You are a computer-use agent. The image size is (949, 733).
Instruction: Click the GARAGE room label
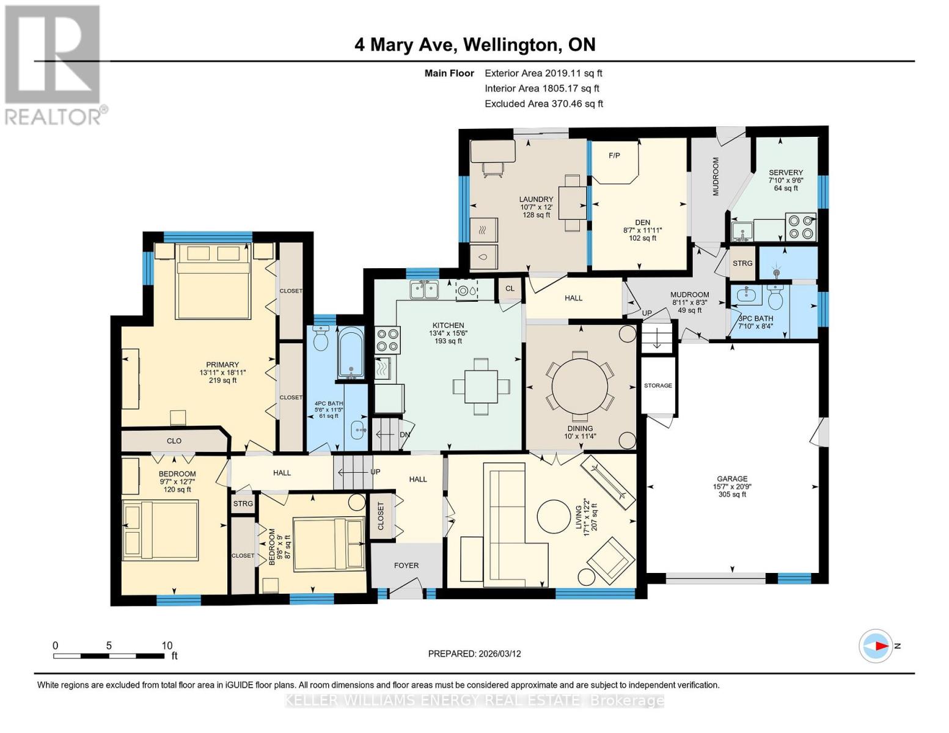coord(732,479)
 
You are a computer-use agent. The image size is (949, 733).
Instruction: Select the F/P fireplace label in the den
coord(614,156)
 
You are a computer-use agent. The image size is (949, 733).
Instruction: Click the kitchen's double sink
coord(425,289)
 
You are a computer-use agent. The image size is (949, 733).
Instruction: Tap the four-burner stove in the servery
coord(800,226)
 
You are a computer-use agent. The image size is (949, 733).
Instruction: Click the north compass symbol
coord(876,646)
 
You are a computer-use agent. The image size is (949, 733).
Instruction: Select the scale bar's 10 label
coord(167,646)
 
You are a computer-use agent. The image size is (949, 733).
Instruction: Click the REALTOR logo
coord(53,64)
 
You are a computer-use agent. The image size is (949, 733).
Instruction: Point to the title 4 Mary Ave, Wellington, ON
coord(475,45)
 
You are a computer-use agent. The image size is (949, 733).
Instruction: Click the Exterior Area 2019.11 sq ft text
coord(543,73)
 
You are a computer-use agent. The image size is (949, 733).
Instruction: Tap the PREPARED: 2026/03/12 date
coord(474,654)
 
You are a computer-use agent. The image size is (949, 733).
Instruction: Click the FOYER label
coord(406,565)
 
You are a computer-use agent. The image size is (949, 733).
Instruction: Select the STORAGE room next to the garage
coord(658,385)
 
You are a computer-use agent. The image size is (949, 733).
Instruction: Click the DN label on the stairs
coord(405,434)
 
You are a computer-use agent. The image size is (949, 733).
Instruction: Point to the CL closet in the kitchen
coord(510,288)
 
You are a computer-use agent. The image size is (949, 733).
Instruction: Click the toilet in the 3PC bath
coord(775,299)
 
